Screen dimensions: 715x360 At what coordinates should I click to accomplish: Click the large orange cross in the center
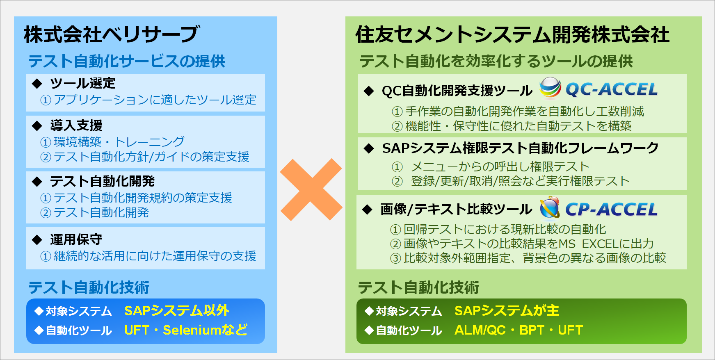311,189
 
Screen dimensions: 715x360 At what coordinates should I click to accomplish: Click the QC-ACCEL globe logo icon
550,88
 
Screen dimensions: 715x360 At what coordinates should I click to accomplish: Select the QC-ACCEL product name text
611,89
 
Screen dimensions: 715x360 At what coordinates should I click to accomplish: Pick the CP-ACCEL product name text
611,209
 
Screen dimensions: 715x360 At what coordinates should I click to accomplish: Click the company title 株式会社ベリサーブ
112,34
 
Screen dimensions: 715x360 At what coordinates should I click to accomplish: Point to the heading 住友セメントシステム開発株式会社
512,34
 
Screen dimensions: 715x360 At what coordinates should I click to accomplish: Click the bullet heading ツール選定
83,83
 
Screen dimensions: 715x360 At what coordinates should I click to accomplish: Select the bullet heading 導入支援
76,125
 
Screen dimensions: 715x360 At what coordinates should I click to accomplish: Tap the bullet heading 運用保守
76,239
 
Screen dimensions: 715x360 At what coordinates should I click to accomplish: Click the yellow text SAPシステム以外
177,310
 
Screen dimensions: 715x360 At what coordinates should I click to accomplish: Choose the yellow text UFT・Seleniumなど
186,330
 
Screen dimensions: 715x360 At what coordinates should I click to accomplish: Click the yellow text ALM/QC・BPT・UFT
519,330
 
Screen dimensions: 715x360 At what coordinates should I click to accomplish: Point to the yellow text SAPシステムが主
507,310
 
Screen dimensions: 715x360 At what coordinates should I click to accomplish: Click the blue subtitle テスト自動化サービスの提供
127,61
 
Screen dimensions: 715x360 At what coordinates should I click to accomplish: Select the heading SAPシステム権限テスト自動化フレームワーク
520,148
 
